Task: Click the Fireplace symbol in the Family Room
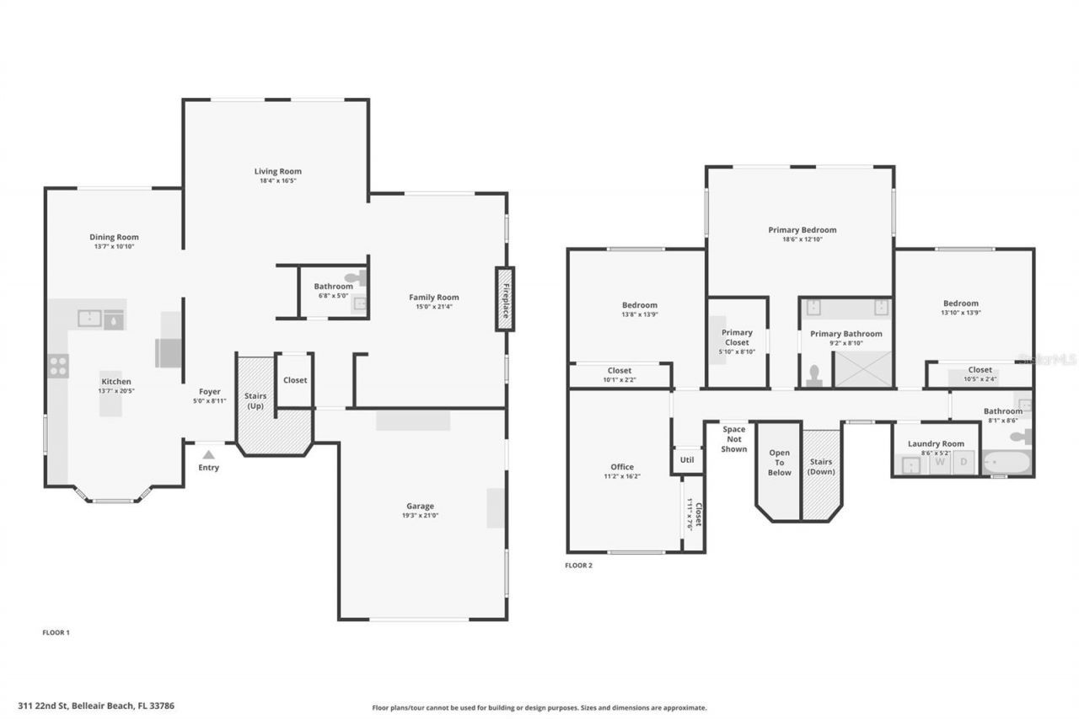pyautogui.click(x=505, y=298)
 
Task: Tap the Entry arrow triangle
pyautogui.click(x=208, y=455)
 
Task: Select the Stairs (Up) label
pyautogui.click(x=255, y=400)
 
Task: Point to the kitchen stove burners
pyautogui.click(x=58, y=366)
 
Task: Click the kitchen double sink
pyautogui.click(x=100, y=319)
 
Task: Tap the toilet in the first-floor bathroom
pyautogui.click(x=355, y=276)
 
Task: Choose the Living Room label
pyautogui.click(x=278, y=171)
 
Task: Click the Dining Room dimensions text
pyautogui.click(x=114, y=246)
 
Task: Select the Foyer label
pyautogui.click(x=209, y=391)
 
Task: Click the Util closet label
pyautogui.click(x=687, y=460)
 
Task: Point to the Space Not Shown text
pyautogui.click(x=733, y=439)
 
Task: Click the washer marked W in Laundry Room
pyautogui.click(x=939, y=462)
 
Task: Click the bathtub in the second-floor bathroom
pyautogui.click(x=1007, y=464)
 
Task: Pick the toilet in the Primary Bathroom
pyautogui.click(x=814, y=376)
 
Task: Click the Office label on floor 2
pyautogui.click(x=622, y=467)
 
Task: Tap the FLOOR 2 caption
pyautogui.click(x=578, y=566)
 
